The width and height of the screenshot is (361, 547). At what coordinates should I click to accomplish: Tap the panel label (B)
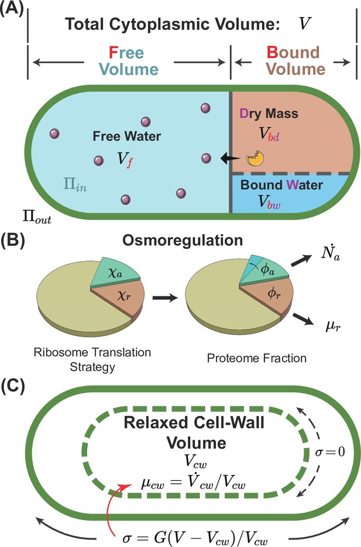click(12, 241)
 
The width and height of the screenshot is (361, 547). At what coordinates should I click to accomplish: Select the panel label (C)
click(12, 386)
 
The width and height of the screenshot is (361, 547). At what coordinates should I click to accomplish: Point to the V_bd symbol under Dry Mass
click(269, 134)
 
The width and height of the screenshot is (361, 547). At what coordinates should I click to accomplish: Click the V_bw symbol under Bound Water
click(269, 201)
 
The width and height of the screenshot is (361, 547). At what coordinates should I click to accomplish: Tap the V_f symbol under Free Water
click(125, 160)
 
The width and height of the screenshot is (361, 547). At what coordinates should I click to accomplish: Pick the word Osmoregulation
click(183, 241)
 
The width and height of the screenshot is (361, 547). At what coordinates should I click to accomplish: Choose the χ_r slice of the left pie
click(119, 299)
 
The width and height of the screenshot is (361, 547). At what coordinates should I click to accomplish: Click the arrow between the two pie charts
click(165, 298)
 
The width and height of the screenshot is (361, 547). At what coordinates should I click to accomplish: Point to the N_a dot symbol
click(330, 255)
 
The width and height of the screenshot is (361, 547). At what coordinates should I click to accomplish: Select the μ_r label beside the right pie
click(333, 327)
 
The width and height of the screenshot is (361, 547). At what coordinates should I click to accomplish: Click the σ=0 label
click(329, 452)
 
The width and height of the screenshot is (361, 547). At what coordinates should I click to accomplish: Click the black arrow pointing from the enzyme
click(231, 159)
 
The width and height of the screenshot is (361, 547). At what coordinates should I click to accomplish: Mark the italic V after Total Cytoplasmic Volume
click(304, 24)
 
